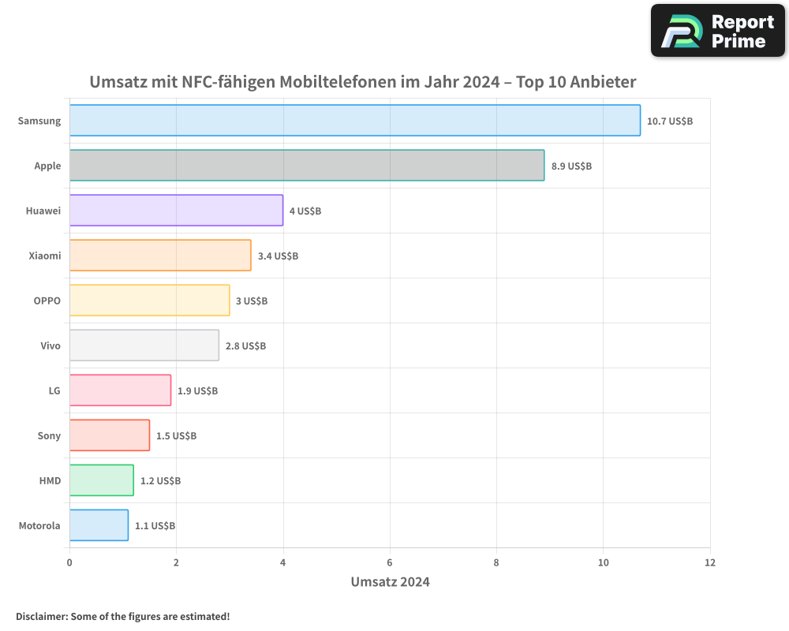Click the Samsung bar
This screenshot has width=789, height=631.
(x=354, y=121)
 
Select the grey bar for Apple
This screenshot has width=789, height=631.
(x=306, y=166)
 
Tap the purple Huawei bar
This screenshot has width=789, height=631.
(x=176, y=211)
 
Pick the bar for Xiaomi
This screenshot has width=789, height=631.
(x=160, y=256)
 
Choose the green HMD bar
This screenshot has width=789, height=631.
(x=101, y=480)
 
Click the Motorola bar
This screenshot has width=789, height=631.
(x=99, y=525)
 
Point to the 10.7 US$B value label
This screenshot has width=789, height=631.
(x=670, y=121)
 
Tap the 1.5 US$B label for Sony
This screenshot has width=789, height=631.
(x=176, y=435)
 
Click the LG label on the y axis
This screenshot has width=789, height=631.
(x=54, y=390)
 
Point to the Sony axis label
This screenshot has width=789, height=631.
(x=49, y=435)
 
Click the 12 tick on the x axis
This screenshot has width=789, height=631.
(x=709, y=562)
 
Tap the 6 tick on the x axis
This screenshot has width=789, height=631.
(x=390, y=562)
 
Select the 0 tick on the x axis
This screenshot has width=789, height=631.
(x=69, y=562)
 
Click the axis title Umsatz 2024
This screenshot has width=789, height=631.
(x=390, y=582)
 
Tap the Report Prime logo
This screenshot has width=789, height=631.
(x=717, y=31)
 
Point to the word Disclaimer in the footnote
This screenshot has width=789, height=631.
(x=40, y=616)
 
